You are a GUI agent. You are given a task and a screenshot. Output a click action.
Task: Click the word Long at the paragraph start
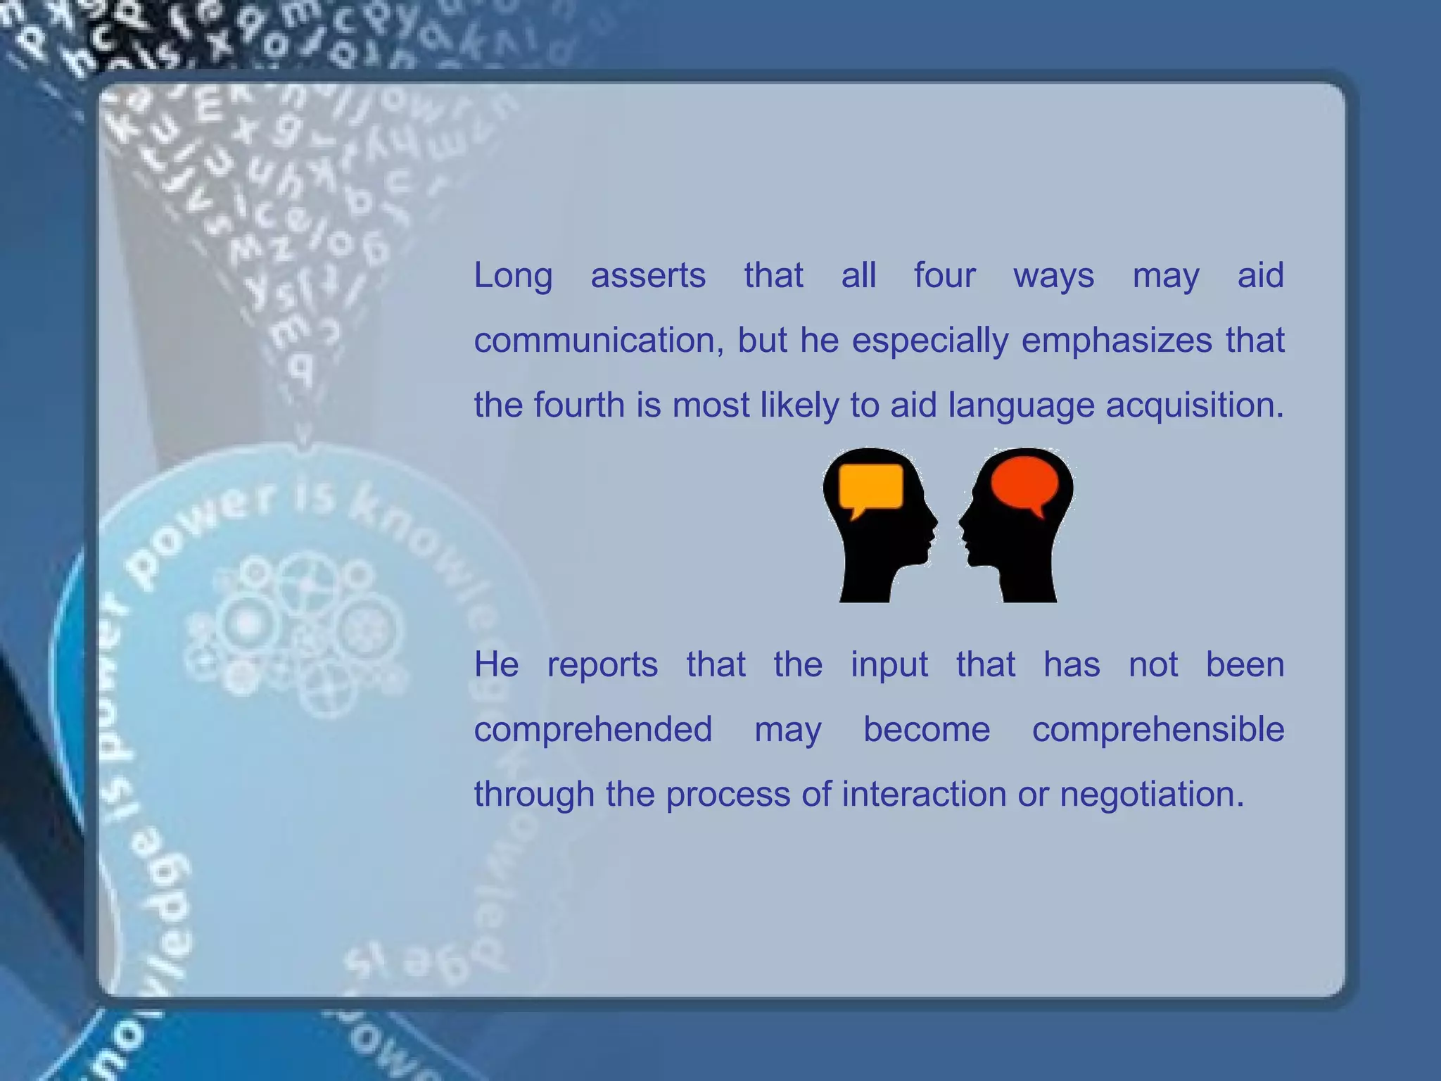pyautogui.click(x=512, y=276)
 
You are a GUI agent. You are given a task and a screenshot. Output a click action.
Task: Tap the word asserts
pyautogui.click(x=647, y=276)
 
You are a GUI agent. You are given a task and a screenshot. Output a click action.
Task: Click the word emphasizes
pyautogui.click(x=1117, y=341)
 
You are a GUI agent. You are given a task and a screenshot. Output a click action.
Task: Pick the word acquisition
pyautogui.click(x=1194, y=405)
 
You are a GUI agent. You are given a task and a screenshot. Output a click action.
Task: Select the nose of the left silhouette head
pyautogui.click(x=934, y=521)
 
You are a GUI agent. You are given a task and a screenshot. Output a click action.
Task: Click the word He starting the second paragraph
pyautogui.click(x=496, y=664)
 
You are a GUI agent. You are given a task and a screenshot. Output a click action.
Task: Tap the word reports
pyautogui.click(x=602, y=664)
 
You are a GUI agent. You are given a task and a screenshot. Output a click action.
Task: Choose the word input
pyautogui.click(x=889, y=664)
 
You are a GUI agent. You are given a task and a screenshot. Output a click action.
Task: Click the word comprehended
pyautogui.click(x=592, y=729)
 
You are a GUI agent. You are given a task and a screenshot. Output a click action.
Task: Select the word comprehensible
pyautogui.click(x=1157, y=729)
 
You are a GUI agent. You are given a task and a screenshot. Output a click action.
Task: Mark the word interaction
pyautogui.click(x=923, y=794)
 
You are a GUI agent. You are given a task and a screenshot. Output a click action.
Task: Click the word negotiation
pyautogui.click(x=1152, y=794)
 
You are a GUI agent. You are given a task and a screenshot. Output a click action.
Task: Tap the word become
pyautogui.click(x=926, y=729)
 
